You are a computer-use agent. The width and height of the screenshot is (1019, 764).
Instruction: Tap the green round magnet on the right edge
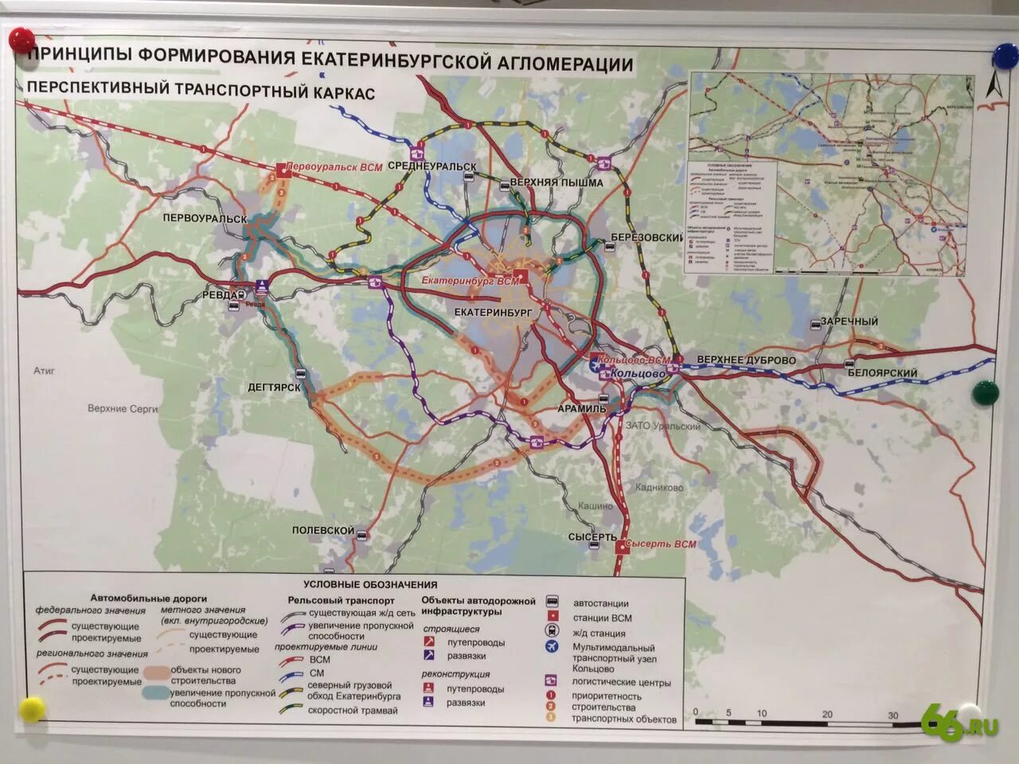[x=985, y=391]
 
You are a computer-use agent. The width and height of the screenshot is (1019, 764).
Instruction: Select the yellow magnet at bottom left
[x=32, y=708]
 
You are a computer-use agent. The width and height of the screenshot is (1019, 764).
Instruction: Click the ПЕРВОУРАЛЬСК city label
[x=205, y=218]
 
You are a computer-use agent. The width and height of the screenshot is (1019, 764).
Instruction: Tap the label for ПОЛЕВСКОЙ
[x=322, y=530]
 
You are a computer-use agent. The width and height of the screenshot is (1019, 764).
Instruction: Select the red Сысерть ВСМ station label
[x=660, y=545]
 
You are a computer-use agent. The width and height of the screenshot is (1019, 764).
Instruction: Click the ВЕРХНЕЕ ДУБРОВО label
[x=746, y=360]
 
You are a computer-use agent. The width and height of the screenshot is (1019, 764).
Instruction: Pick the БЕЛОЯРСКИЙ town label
[x=882, y=372]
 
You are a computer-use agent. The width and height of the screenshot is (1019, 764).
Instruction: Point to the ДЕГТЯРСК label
[x=275, y=388]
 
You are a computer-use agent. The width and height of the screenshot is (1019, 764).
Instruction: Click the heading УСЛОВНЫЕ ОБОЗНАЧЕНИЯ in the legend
[x=370, y=585]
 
